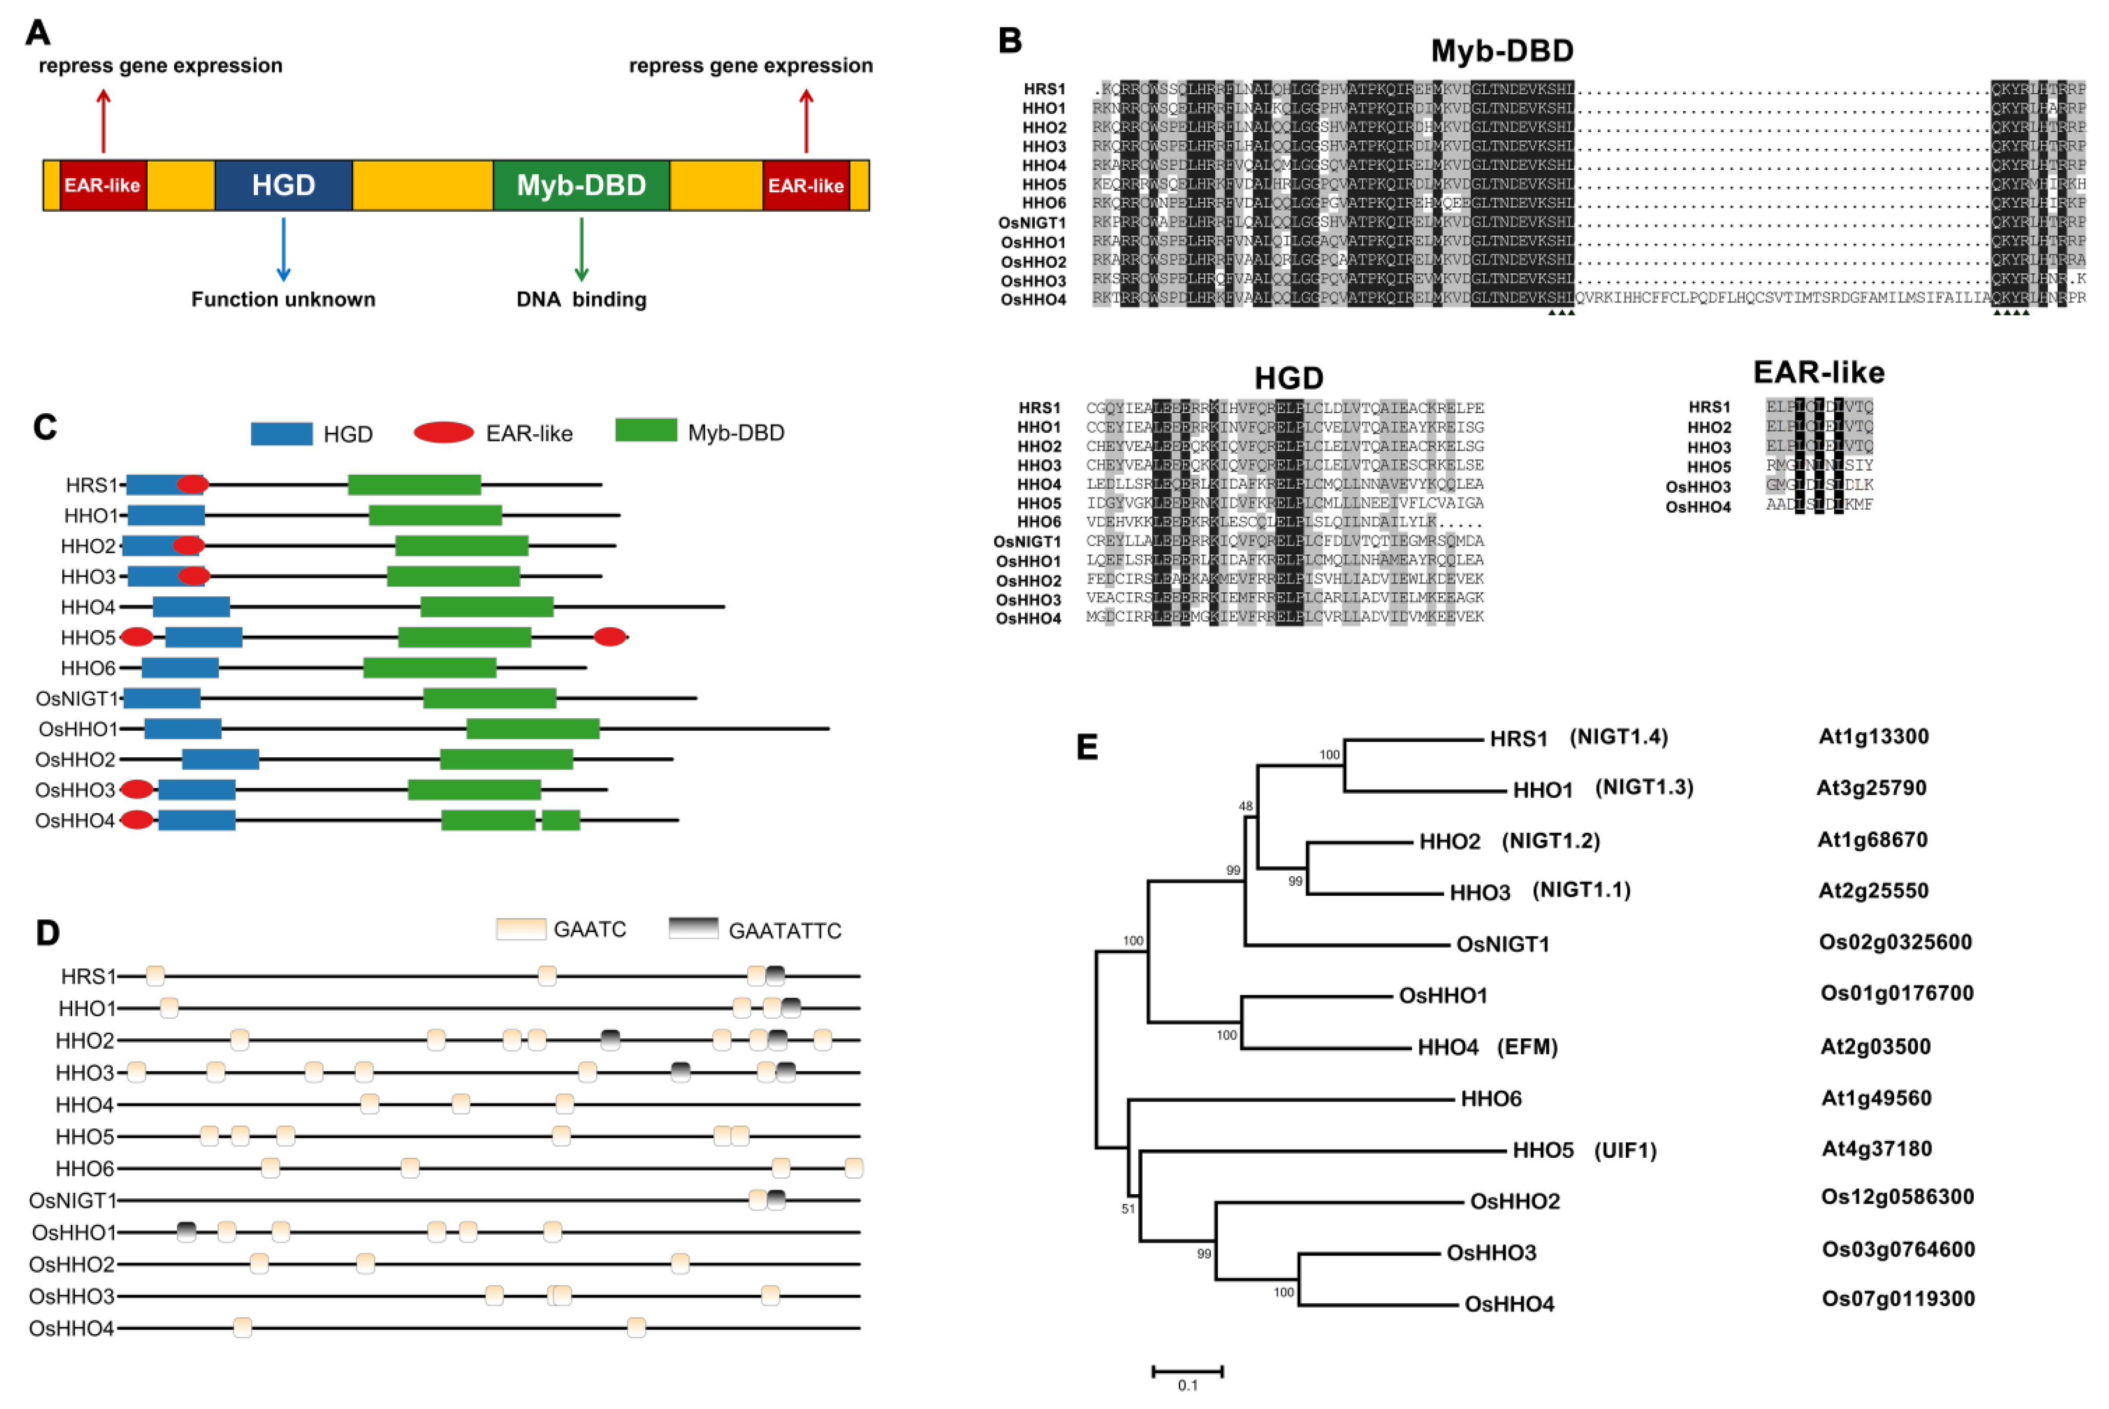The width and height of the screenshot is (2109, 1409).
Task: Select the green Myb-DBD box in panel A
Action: (x=581, y=185)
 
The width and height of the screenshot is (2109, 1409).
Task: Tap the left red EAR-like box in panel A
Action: (x=103, y=185)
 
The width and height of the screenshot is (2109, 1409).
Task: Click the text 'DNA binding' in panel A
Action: (x=581, y=299)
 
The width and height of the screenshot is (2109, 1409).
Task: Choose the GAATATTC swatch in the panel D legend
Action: (x=693, y=928)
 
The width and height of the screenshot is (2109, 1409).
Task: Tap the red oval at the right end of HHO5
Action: (x=610, y=637)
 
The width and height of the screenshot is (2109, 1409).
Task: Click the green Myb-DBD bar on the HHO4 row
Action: (x=487, y=607)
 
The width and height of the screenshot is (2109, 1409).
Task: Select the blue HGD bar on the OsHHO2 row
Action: (x=221, y=759)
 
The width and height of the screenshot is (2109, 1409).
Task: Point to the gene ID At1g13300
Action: (x=1874, y=737)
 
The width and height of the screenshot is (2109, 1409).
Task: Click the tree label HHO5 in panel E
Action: (x=1543, y=1150)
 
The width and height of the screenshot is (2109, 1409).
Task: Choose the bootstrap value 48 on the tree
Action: (x=1245, y=806)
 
